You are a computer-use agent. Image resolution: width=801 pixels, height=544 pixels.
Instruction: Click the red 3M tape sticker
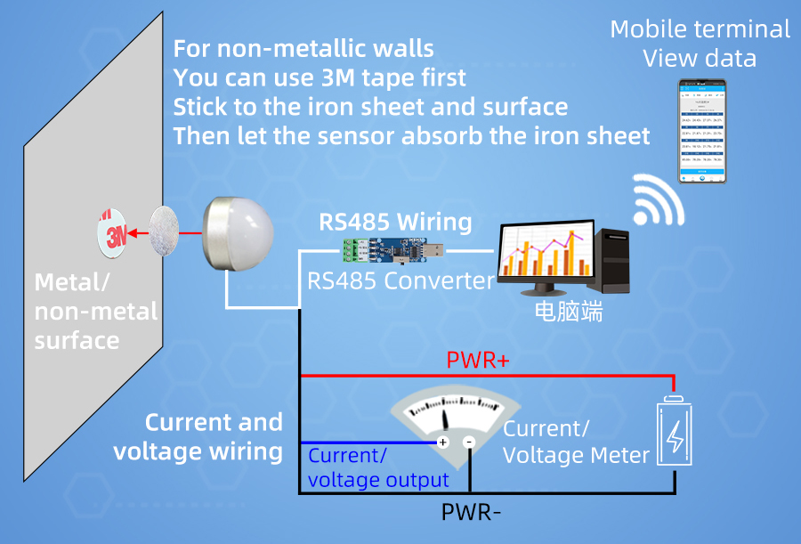[x=111, y=233]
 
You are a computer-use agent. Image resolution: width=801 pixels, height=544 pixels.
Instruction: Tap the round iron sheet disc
[x=164, y=231]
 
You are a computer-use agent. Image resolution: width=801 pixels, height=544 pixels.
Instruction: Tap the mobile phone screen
[x=702, y=132]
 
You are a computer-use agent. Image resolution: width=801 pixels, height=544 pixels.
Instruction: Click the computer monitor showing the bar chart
[x=544, y=253]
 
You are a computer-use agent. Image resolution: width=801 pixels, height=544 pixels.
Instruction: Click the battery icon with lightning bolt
[x=675, y=434]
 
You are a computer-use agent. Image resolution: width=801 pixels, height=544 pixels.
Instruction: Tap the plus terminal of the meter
[x=442, y=442]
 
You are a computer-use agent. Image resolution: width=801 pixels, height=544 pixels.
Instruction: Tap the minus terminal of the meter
[x=470, y=442]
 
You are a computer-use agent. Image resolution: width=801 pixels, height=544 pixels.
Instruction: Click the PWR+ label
[x=477, y=361]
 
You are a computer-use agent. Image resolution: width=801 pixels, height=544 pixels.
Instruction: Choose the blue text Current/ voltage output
[x=377, y=468]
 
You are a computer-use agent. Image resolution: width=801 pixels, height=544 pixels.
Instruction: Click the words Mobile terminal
[x=700, y=29]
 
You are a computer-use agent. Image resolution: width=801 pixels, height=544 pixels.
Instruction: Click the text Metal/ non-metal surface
[x=94, y=312]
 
